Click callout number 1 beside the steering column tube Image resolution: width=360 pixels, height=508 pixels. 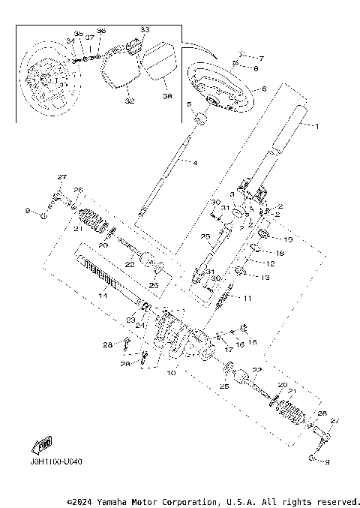(316, 127)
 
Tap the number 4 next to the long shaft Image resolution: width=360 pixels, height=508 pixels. (195, 163)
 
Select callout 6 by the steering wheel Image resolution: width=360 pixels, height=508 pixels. (263, 88)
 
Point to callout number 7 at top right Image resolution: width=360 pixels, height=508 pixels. (261, 58)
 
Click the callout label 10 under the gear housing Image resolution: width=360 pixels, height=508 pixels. (171, 372)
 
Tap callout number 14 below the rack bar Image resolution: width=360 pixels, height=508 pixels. (103, 297)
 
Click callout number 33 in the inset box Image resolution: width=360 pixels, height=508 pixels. (145, 30)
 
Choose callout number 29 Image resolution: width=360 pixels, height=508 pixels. (205, 237)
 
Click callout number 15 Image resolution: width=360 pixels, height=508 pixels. (253, 342)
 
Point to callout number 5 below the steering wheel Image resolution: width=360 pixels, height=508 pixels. (189, 106)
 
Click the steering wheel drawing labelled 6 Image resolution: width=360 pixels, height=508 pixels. (217, 86)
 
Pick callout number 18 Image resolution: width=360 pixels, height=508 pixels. (280, 254)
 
